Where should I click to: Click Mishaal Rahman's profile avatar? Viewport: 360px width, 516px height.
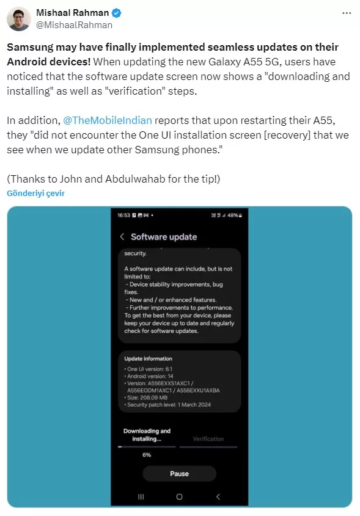click(19, 19)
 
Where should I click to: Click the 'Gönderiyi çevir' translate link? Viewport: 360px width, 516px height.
click(35, 193)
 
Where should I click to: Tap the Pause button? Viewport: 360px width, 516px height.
click(179, 473)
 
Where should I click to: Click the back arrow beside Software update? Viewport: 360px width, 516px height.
click(122, 237)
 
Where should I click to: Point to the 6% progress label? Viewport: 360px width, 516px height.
click(147, 455)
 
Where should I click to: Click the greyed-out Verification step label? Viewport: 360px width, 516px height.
click(208, 439)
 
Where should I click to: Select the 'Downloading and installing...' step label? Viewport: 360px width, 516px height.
click(147, 435)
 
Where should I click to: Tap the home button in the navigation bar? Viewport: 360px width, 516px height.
click(179, 496)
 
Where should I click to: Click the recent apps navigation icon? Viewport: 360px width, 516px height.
click(141, 496)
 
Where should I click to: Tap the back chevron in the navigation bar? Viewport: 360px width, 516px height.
click(218, 496)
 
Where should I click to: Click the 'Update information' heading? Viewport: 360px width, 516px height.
click(148, 358)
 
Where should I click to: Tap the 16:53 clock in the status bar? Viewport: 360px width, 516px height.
click(123, 216)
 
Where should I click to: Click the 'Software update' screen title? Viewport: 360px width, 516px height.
click(164, 237)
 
